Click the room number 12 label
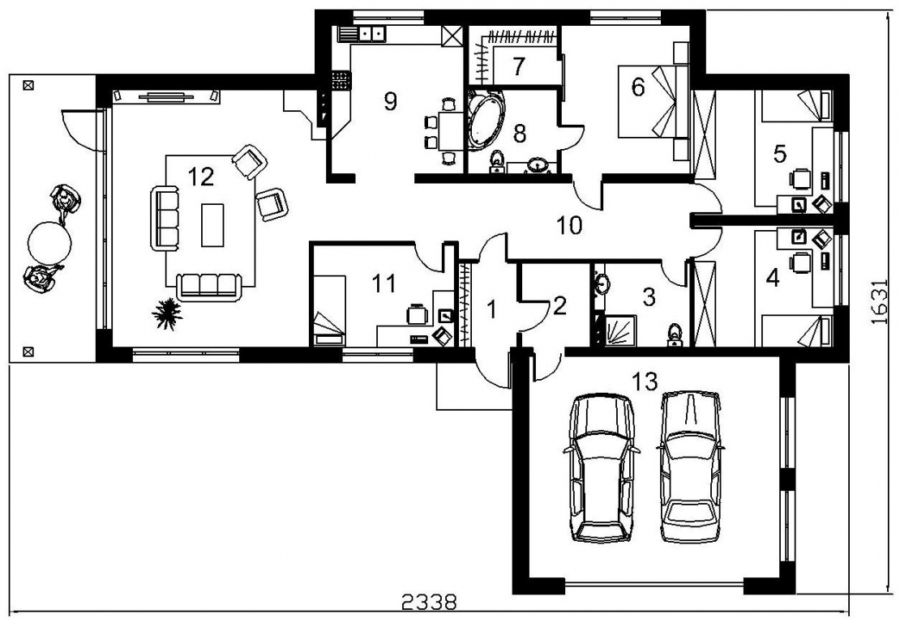201,177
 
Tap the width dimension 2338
429,603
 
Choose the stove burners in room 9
341,79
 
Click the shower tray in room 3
617,330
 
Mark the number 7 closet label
519,66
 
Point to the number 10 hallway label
569,225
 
